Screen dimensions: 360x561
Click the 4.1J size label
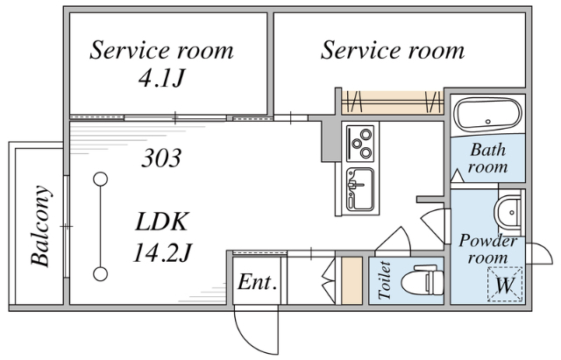162,79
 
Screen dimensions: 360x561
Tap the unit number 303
162,159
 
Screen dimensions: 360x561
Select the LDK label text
162,221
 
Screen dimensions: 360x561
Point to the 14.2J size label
162,254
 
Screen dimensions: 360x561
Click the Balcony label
40,225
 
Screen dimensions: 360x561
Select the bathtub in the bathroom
487,116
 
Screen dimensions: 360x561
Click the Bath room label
487,158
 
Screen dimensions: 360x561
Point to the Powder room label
488,249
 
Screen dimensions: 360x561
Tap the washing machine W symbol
504,284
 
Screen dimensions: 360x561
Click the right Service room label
392,50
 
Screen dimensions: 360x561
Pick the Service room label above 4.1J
162,50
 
